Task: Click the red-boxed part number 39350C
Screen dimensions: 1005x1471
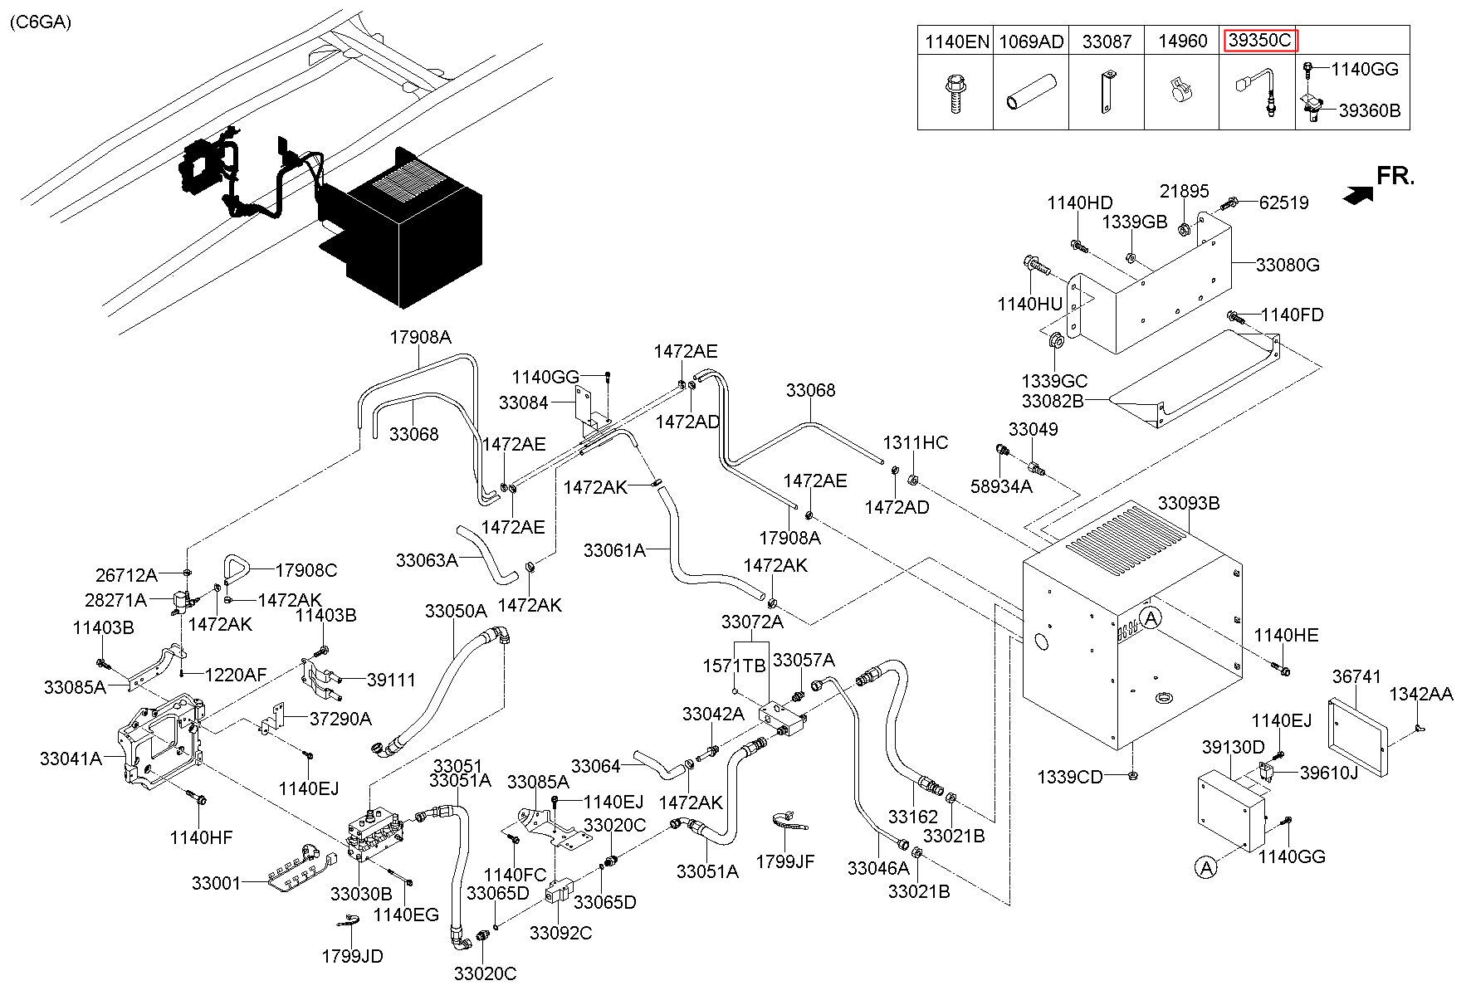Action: tap(1260, 41)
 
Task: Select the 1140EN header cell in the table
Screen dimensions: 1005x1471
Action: tap(955, 41)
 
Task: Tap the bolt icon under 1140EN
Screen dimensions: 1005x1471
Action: tap(955, 93)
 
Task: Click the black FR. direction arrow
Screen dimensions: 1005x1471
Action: tap(1357, 194)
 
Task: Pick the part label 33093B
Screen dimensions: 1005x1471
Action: tap(1189, 503)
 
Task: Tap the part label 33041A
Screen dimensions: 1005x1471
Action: tap(71, 758)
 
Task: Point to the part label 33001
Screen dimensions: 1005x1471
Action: tap(216, 884)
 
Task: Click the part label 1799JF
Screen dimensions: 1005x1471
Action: tap(784, 862)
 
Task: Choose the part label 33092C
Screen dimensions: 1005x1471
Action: tap(560, 933)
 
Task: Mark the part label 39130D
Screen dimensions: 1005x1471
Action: tap(1233, 747)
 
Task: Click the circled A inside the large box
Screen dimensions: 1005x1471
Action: tap(1151, 617)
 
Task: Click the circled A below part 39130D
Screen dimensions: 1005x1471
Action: tap(1205, 868)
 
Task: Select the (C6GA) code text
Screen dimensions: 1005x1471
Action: tap(41, 22)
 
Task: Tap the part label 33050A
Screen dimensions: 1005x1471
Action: tap(455, 612)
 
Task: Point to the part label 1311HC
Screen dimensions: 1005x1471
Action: tap(915, 442)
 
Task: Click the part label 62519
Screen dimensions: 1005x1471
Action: tap(1283, 202)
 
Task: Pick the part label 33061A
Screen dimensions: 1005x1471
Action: tap(613, 549)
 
